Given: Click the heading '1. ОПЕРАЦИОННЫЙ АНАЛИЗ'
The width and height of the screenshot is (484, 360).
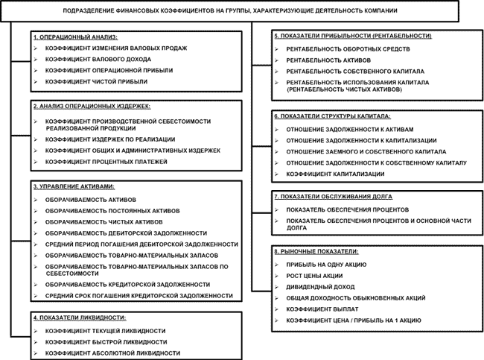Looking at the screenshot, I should pos(76,37).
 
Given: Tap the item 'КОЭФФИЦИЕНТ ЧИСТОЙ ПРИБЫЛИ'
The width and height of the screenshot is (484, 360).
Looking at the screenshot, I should pos(96,80).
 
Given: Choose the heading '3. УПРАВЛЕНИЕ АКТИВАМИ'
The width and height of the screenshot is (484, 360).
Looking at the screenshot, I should pos(78,186).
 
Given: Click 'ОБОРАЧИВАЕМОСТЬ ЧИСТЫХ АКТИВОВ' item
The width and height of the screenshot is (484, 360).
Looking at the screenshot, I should pos(105,222).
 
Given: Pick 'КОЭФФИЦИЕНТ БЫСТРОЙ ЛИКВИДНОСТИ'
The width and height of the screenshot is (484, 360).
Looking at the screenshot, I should pos(106,341).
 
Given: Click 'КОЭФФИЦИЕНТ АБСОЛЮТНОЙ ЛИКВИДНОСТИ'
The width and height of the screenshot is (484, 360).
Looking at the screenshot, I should pos(112,353).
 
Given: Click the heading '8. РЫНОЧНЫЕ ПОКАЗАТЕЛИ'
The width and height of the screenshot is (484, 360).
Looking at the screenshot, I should pos(316,253).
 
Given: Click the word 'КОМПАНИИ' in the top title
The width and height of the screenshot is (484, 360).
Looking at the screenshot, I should pos(375,12).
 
